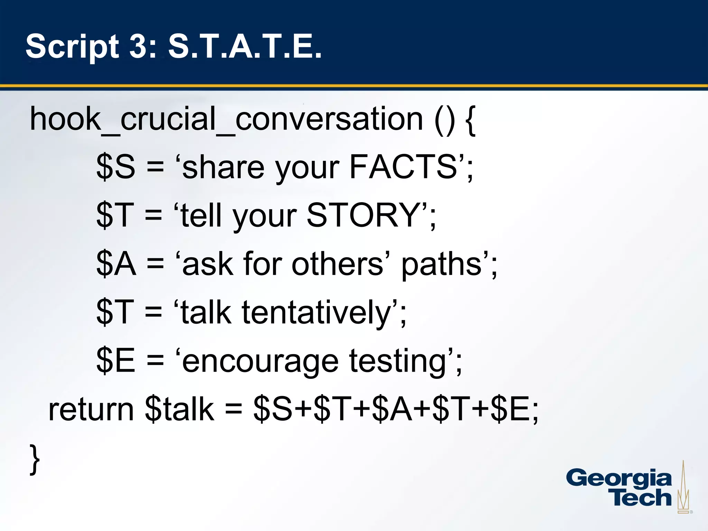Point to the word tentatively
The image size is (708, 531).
click(x=316, y=313)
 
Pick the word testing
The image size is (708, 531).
click(x=398, y=362)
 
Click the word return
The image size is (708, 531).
click(x=91, y=409)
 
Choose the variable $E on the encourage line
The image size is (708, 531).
click(x=115, y=361)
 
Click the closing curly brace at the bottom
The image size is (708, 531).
click(x=35, y=460)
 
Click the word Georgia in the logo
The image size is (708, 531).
click(x=619, y=479)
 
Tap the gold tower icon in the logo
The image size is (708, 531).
click(x=683, y=487)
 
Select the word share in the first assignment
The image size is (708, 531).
click(x=223, y=167)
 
